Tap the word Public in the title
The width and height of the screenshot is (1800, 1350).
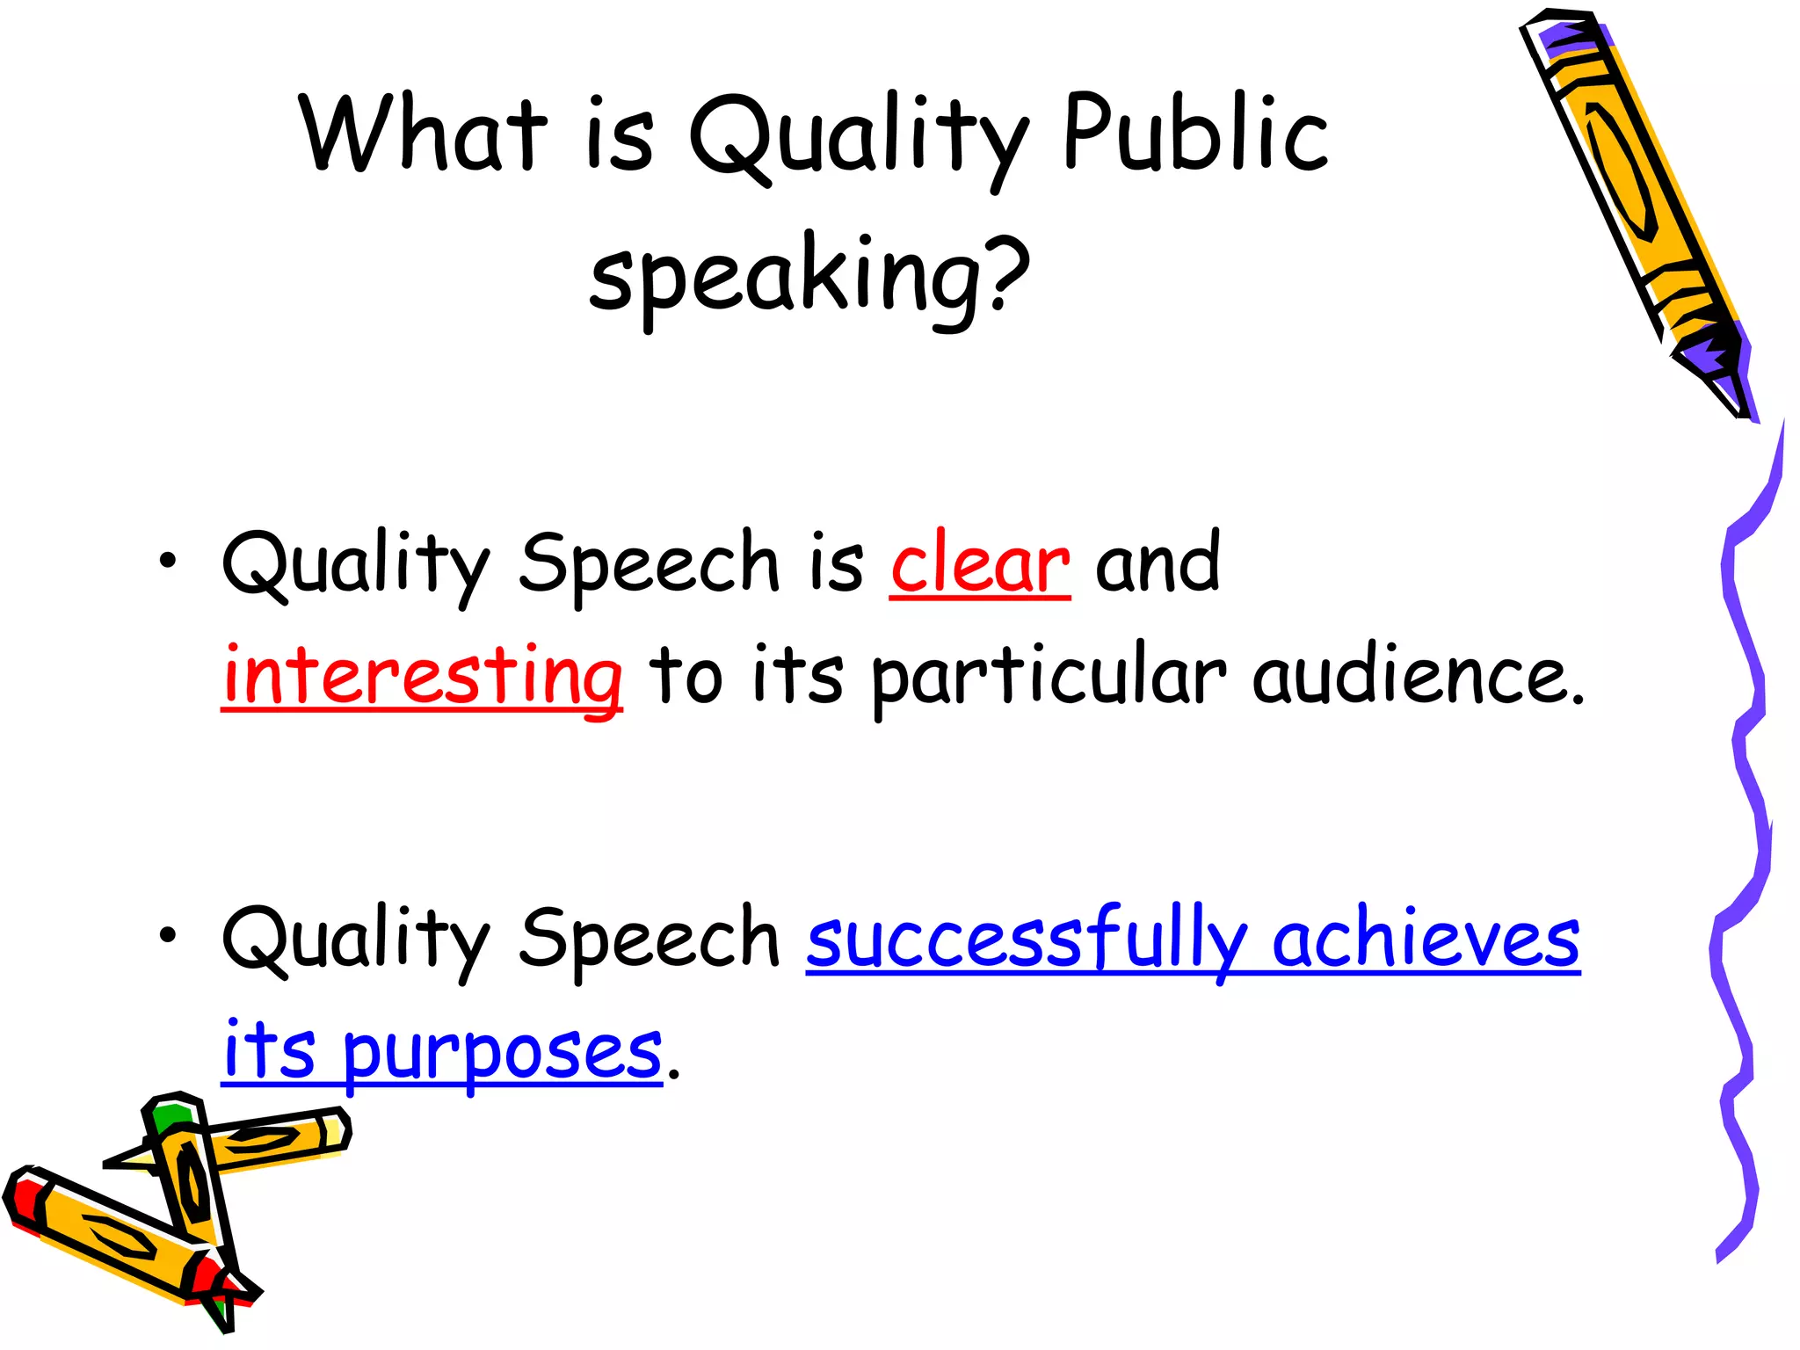[x=1195, y=134]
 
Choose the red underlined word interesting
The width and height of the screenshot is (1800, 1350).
[x=422, y=676]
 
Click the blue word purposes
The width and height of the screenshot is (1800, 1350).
[x=502, y=1053]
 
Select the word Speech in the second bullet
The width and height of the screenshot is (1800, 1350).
[x=649, y=939]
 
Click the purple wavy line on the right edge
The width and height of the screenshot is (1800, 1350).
[x=1745, y=791]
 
